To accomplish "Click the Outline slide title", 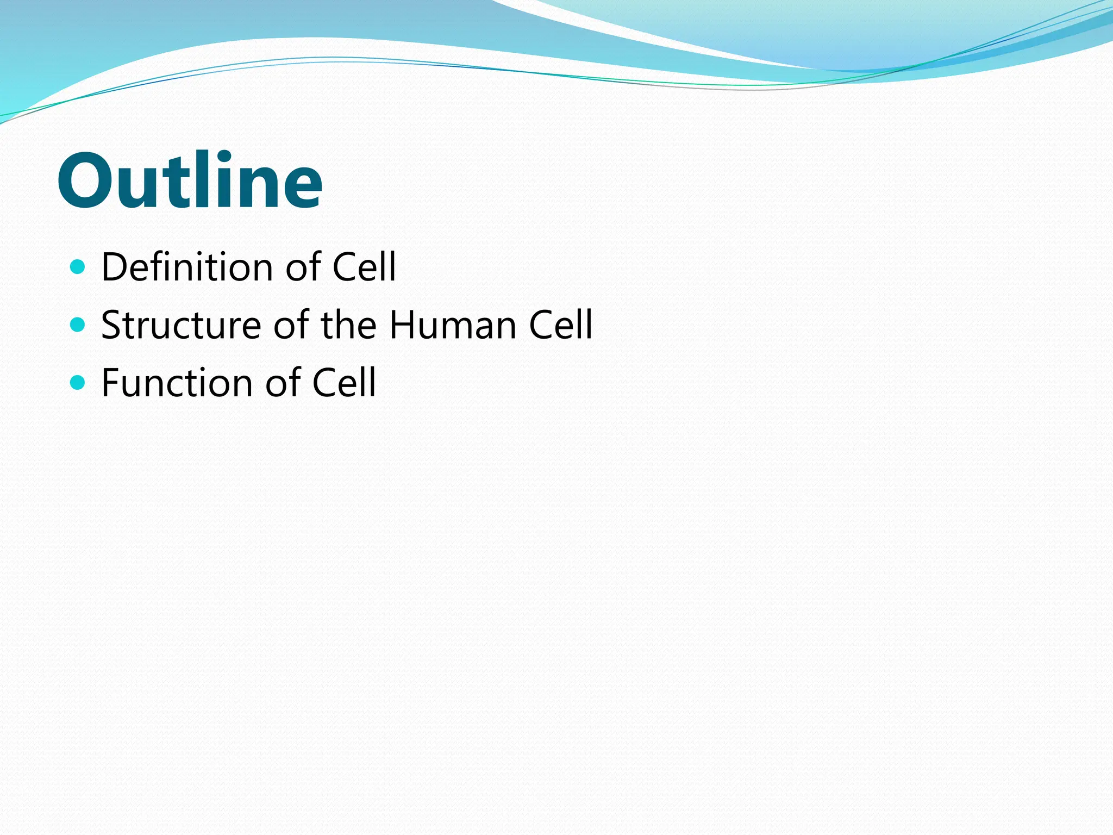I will coord(190,180).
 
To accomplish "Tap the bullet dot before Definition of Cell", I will coord(78,267).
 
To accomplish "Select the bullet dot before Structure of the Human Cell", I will coord(78,325).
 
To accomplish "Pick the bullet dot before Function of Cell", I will coord(78,383).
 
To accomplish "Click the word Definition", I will coord(187,267).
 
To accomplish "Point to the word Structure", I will coord(181,325).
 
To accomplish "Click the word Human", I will coord(453,325).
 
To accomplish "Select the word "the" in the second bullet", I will coord(348,325).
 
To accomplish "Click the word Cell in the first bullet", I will coord(364,267).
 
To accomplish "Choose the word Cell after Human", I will coord(560,325).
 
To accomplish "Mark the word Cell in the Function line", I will coord(343,383).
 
